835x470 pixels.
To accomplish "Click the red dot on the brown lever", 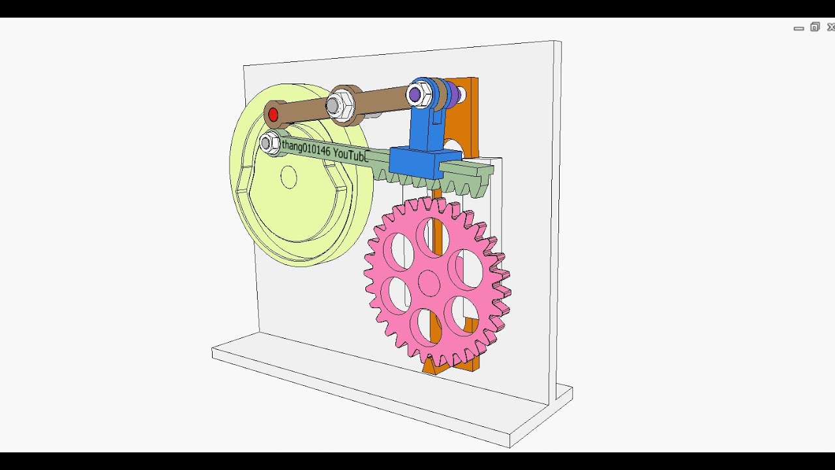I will click(273, 116).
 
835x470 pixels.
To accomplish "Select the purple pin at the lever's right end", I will click(415, 95).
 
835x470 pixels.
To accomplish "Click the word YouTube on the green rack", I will click(351, 154).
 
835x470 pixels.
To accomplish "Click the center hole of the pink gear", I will click(429, 283).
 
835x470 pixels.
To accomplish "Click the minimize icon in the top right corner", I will click(798, 28).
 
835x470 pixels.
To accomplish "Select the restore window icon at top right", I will click(815, 27).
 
